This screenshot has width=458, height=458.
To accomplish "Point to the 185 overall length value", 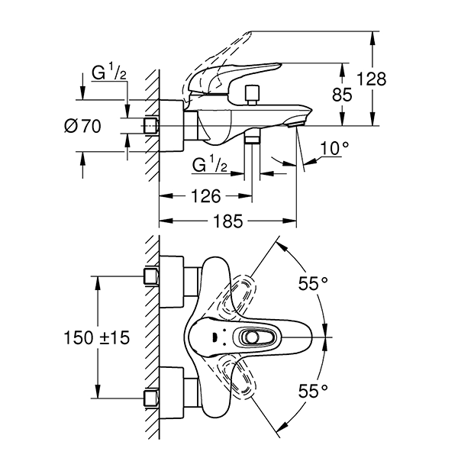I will [227, 221].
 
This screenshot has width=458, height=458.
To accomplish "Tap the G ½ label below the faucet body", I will [209, 163].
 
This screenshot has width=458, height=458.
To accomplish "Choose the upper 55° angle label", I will [312, 283].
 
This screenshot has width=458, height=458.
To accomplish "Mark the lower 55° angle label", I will [312, 390].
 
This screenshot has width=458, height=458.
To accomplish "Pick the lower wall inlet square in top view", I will [150, 398].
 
